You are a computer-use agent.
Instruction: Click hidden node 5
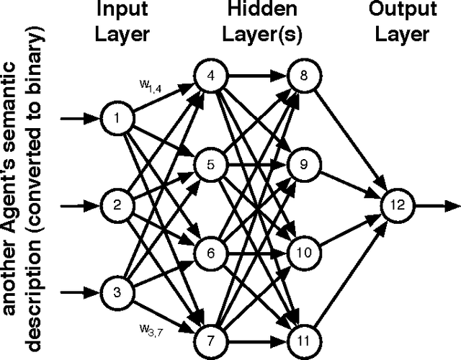tap(210, 164)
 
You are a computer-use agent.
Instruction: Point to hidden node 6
tap(210, 253)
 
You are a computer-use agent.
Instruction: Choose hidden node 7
tap(210, 338)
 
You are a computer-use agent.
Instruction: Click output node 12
tap(398, 204)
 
